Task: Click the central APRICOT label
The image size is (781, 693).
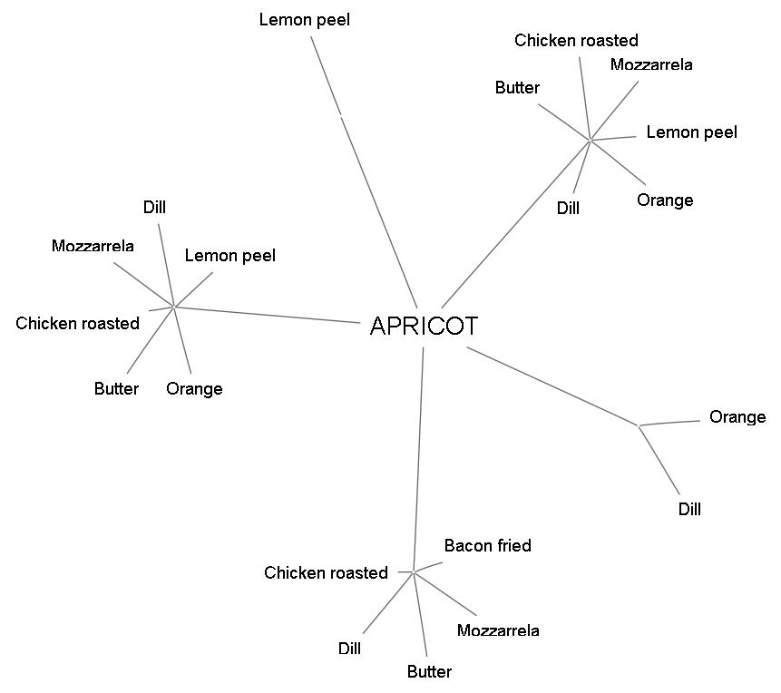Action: tap(424, 327)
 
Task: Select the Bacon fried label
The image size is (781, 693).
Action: tap(487, 545)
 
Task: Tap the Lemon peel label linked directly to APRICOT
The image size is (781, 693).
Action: tap(304, 19)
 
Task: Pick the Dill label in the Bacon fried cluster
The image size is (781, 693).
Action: tap(349, 649)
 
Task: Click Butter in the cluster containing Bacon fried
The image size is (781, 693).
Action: tap(429, 671)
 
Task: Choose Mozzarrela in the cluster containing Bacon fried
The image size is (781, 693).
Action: tap(498, 630)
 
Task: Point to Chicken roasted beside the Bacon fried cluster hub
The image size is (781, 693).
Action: tap(326, 572)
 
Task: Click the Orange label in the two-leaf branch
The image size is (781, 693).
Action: tap(737, 417)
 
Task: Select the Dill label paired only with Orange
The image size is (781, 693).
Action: tap(689, 509)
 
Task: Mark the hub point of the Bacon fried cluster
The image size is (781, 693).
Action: tap(414, 571)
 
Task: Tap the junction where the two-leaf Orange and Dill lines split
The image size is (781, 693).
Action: tap(639, 425)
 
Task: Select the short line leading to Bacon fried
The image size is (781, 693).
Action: tap(428, 567)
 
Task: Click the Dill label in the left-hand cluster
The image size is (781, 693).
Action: tap(154, 208)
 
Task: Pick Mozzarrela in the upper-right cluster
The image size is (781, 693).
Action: tap(651, 64)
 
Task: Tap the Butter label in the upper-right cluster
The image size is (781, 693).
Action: tap(517, 88)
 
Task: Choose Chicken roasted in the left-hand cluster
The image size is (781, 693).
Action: tap(77, 323)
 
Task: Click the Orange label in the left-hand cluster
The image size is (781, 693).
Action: tap(194, 388)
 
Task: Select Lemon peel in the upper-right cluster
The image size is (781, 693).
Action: tap(691, 132)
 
